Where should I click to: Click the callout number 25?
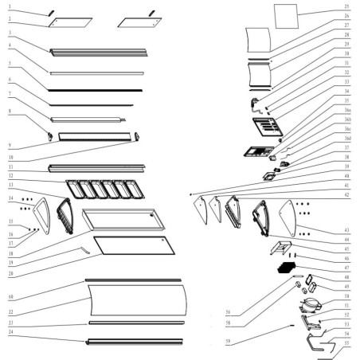click(x=346, y=6)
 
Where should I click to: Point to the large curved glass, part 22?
click(x=135, y=303)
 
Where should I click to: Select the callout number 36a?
click(x=347, y=112)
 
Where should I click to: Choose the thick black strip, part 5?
click(x=96, y=89)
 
